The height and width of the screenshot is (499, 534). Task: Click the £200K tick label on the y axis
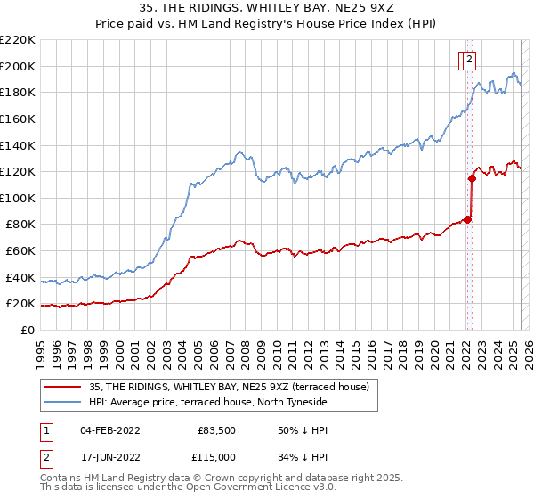click(x=18, y=66)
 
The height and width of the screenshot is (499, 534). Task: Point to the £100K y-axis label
click(x=18, y=198)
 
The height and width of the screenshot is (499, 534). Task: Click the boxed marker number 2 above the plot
click(x=469, y=60)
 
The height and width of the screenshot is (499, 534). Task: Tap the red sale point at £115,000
click(x=472, y=178)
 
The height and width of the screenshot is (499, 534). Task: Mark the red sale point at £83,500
click(x=468, y=219)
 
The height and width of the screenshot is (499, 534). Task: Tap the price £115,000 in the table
click(x=217, y=455)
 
